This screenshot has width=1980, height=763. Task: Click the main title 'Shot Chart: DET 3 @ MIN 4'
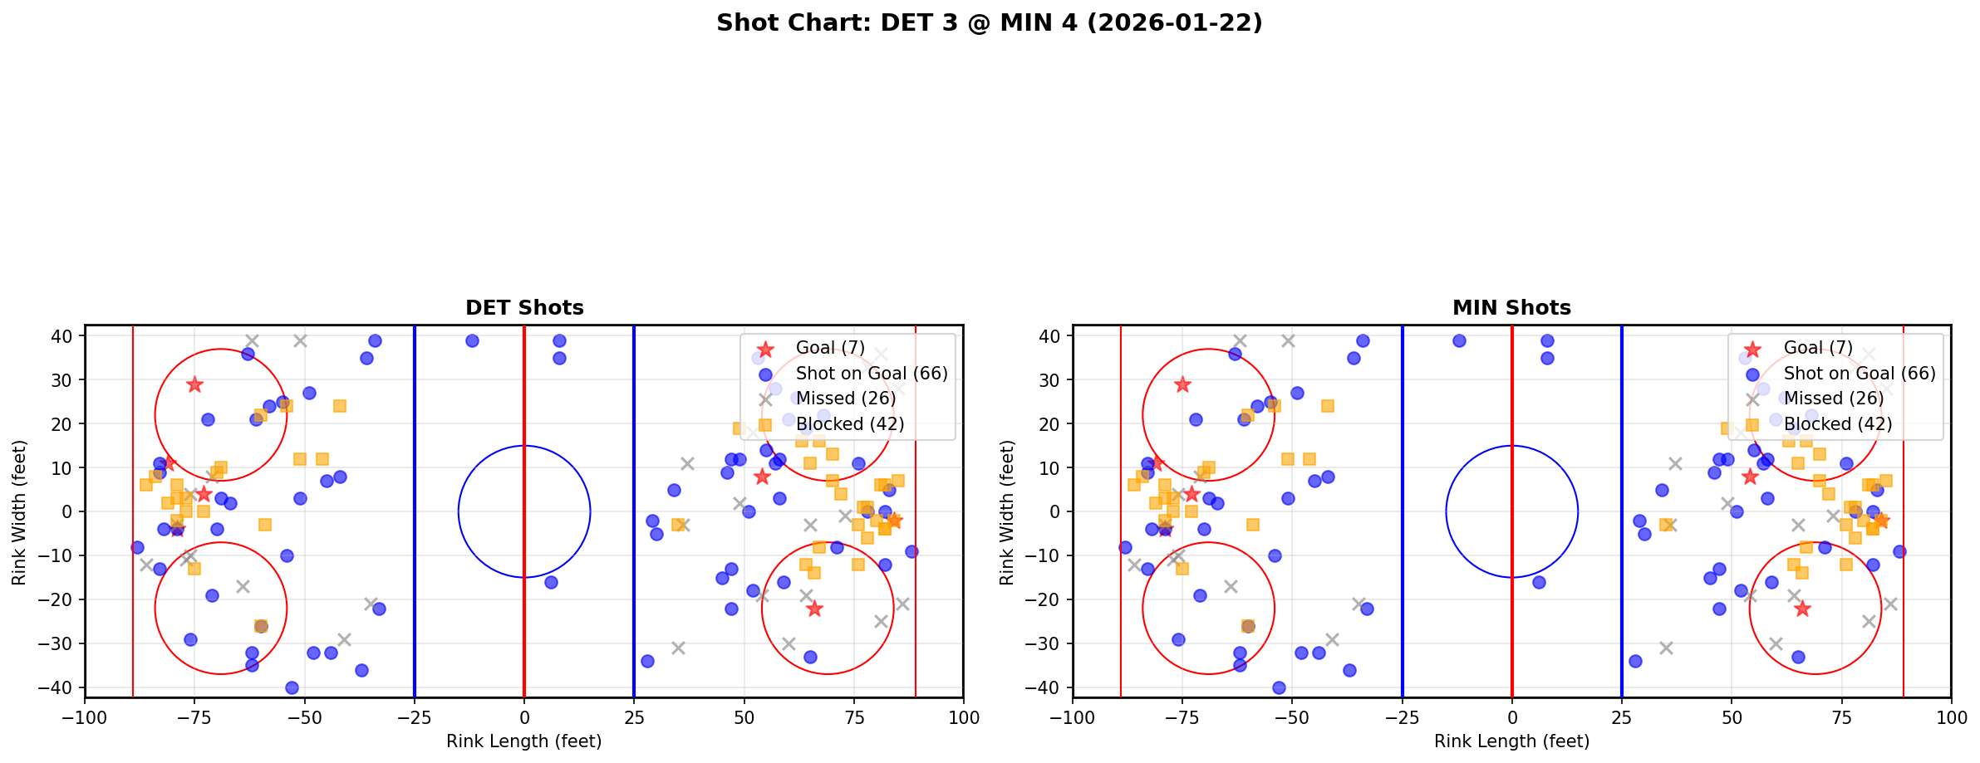coord(989,23)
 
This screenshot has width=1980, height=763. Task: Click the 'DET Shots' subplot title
coord(524,308)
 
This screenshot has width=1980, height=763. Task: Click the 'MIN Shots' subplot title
coord(1511,308)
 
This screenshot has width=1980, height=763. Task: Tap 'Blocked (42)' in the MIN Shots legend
coord(1838,424)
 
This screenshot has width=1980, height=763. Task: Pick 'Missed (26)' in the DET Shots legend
coord(845,399)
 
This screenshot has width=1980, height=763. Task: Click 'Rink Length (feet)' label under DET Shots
coord(524,741)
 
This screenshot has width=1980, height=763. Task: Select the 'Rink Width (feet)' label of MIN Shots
coord(1007,511)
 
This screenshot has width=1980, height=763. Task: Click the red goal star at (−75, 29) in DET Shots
coord(194,384)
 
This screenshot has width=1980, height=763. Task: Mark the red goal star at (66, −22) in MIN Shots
coord(1801,609)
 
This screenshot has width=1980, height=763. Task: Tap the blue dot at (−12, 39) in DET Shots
coord(472,340)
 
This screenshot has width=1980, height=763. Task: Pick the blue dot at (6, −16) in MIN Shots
coord(1539,582)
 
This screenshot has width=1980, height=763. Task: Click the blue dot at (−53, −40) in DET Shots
coord(292,687)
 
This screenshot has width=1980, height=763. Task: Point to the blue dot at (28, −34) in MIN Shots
coord(1635,661)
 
